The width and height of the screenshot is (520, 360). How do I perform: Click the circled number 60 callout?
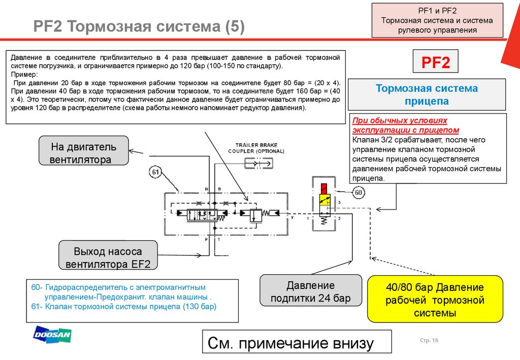[x=359, y=192]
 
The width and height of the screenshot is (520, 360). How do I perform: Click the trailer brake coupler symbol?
[x=257, y=163]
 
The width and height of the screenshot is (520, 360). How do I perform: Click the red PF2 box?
[x=436, y=63]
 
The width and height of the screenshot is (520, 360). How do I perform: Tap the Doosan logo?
[x=52, y=335]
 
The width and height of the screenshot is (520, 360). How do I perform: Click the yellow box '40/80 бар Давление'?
[x=435, y=300]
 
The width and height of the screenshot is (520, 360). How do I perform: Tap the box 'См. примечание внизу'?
[x=297, y=344]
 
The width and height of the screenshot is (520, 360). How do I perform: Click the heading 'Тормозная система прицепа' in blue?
[x=427, y=94]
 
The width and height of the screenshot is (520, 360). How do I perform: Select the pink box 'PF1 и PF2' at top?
[x=437, y=20]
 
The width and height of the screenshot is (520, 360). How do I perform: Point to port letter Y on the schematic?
[x=292, y=217]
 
